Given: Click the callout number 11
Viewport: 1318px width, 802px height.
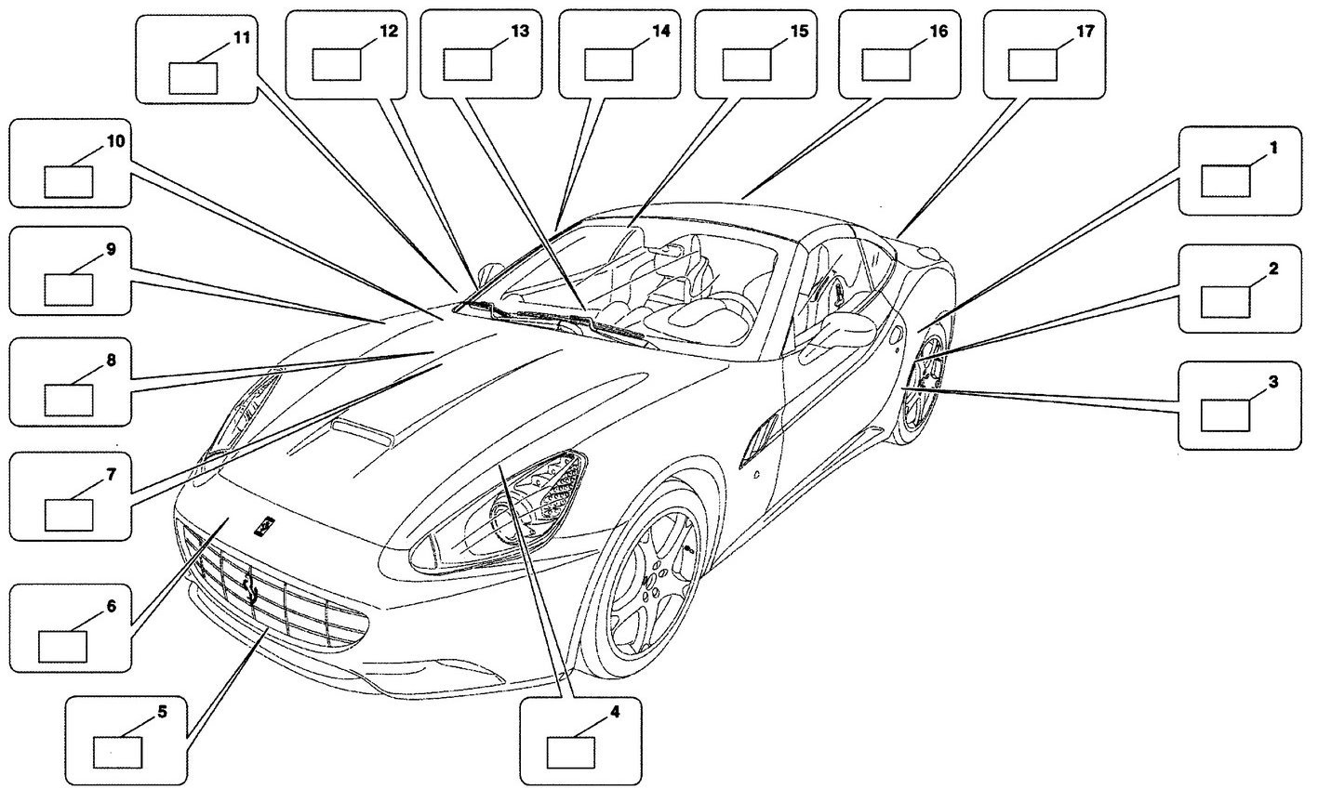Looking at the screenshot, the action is click(x=242, y=38).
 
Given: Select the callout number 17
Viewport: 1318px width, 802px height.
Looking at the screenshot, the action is click(x=1085, y=32).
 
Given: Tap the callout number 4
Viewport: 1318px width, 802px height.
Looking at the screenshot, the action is click(x=615, y=713).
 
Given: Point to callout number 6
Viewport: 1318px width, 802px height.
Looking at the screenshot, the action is click(x=112, y=606).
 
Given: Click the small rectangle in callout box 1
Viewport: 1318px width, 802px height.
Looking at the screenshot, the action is click(x=1226, y=181).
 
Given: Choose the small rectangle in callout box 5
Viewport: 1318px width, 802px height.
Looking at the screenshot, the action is click(x=118, y=752).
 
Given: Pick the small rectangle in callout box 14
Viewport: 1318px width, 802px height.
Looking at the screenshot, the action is click(x=609, y=65).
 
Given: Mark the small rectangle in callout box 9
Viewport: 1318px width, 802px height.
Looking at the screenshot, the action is click(x=69, y=290).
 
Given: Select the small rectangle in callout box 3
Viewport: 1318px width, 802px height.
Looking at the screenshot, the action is click(x=1225, y=415).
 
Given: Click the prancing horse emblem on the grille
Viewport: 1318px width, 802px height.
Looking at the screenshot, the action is click(x=250, y=588).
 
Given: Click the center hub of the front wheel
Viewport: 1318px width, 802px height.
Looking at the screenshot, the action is click(x=650, y=582).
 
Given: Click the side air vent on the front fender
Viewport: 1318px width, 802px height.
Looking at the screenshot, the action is click(x=758, y=438).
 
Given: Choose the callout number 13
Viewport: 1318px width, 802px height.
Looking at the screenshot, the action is click(x=520, y=32).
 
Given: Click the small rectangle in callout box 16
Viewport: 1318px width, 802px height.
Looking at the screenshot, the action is click(x=886, y=65).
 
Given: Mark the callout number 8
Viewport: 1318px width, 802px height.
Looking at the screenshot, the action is click(x=112, y=360).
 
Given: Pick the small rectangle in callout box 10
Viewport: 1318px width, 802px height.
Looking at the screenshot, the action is click(x=69, y=182).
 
